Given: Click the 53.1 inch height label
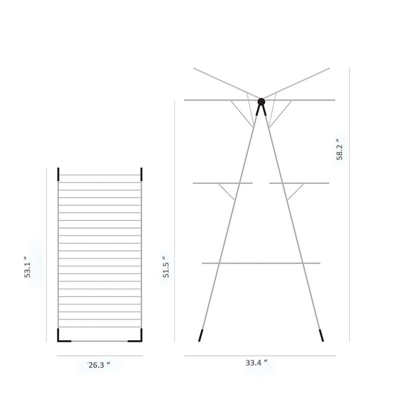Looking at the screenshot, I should click(x=27, y=267).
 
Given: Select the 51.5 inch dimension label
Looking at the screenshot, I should click(x=166, y=267).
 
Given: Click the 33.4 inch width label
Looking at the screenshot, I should click(x=256, y=362).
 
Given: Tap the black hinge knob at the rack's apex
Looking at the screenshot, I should click(x=261, y=101).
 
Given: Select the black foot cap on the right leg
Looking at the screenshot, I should click(x=321, y=335).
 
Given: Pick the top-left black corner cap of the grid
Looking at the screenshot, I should click(x=58, y=174).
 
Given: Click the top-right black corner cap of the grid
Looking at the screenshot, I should click(x=142, y=174).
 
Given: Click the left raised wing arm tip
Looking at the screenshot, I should click(x=195, y=69).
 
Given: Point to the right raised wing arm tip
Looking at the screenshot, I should click(x=328, y=69).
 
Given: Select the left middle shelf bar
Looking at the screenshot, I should click(x=222, y=183).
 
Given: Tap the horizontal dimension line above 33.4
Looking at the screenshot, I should click(x=260, y=355).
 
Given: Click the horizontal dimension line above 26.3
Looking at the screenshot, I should click(x=99, y=356).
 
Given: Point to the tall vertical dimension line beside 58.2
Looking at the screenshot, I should click(x=349, y=204).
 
